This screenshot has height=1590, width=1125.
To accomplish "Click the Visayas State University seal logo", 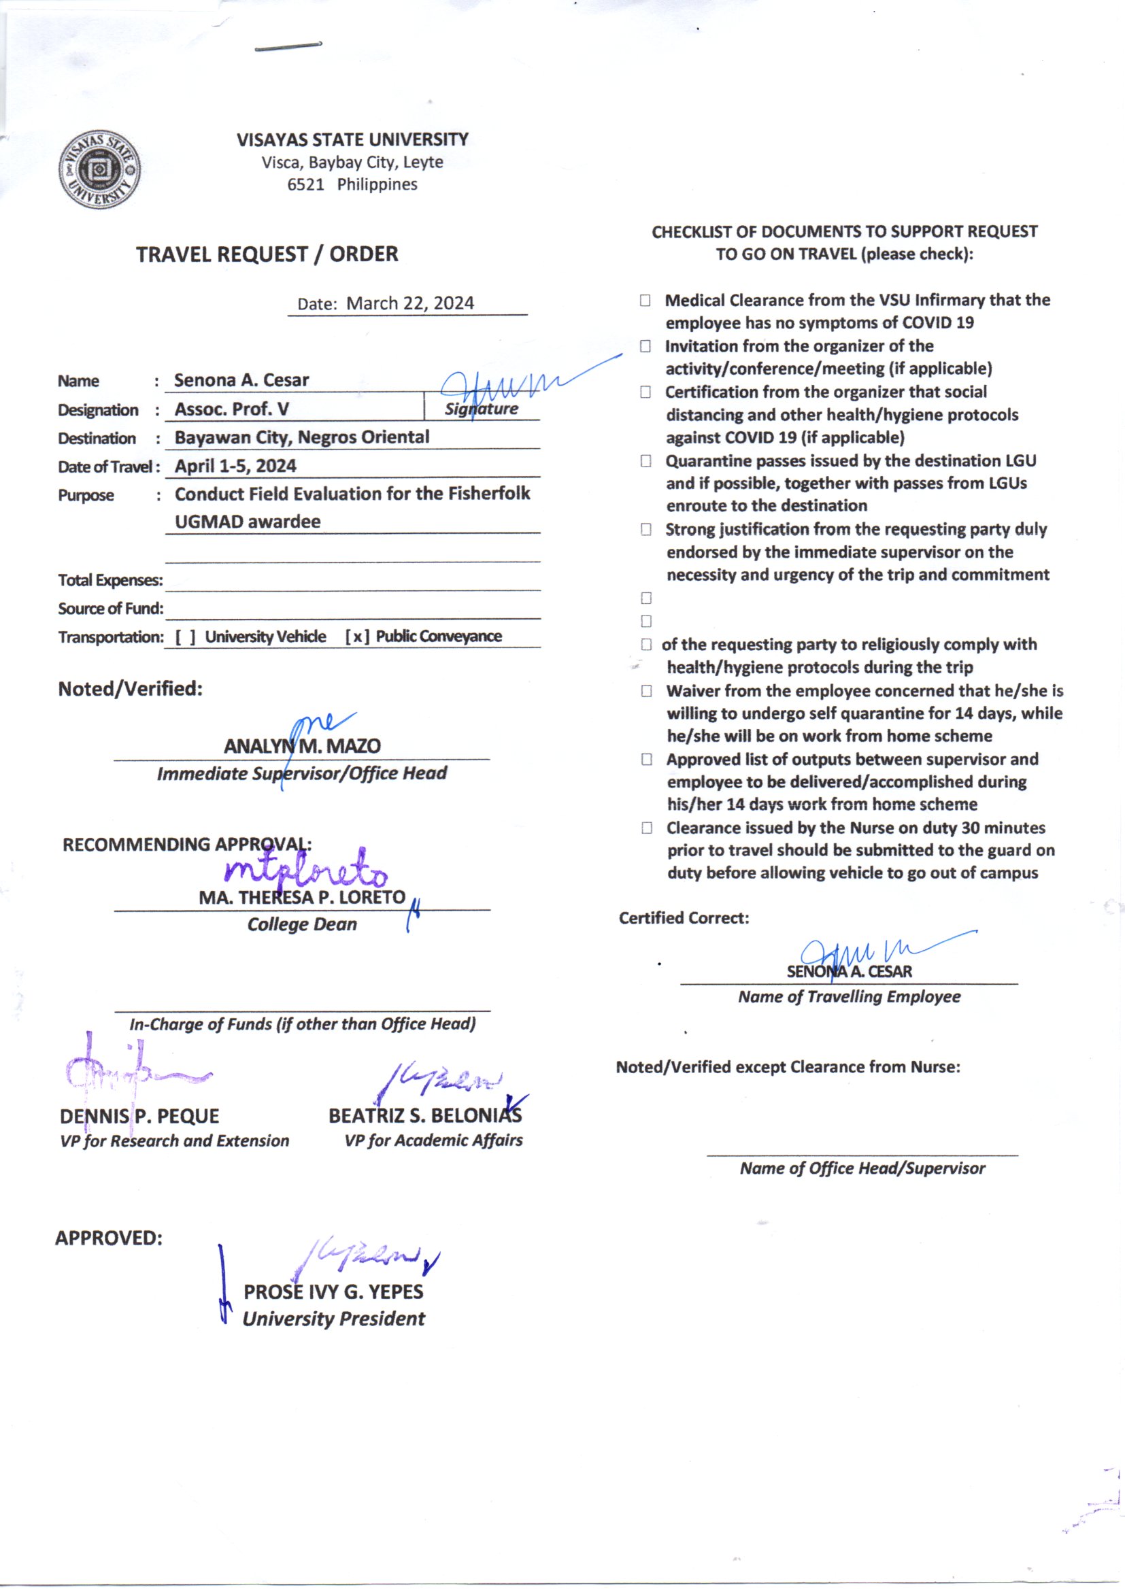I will tap(100, 169).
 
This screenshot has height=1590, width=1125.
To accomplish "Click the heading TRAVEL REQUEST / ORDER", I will tap(267, 254).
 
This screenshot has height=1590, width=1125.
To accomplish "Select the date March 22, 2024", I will tap(409, 303).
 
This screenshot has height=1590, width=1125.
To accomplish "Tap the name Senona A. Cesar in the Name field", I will tap(241, 380).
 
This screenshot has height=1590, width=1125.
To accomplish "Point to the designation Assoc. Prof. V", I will tap(231, 409).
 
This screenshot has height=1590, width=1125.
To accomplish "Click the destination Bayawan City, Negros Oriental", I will tap(301, 438).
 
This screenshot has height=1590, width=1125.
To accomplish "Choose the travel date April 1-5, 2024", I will tap(235, 466).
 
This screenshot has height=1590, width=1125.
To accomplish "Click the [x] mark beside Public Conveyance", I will tap(357, 637).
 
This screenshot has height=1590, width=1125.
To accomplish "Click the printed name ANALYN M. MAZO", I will tap(302, 747).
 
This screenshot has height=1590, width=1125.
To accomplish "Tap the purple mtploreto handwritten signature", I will tap(305, 872).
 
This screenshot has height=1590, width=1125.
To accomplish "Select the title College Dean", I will tap(302, 924).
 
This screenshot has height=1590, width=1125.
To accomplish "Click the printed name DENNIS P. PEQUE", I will tap(139, 1116).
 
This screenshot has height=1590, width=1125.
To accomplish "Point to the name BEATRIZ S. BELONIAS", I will tap(424, 1115).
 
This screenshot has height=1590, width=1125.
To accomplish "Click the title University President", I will tap(333, 1319).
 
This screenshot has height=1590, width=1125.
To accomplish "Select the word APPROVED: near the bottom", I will tap(109, 1238).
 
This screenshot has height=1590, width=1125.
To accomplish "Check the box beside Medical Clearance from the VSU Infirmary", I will tap(645, 301).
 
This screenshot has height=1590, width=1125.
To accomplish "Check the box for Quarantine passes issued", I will tap(645, 461).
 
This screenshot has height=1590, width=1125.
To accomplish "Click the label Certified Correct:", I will tap(684, 918).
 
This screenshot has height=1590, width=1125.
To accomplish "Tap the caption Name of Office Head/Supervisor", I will tap(862, 1168).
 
